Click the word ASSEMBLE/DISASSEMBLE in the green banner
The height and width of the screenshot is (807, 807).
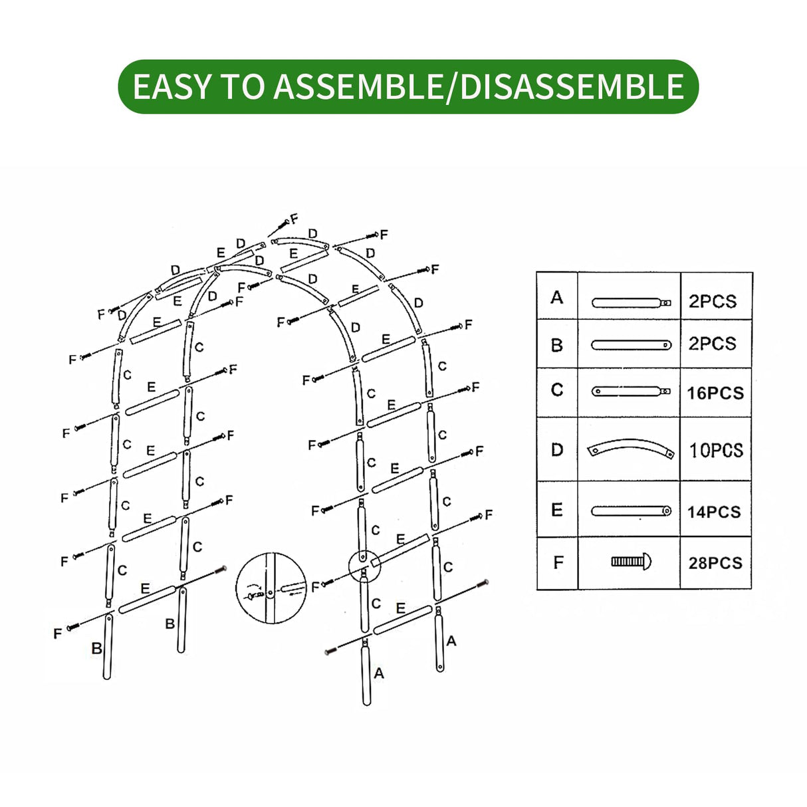point(479,87)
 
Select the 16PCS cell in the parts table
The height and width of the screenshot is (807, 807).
point(715,393)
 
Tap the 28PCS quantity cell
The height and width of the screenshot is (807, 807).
point(715,563)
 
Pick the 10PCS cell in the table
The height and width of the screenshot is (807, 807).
point(716,450)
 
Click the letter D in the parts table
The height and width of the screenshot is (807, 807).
point(557,450)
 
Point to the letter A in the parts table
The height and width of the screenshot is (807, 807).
point(557,297)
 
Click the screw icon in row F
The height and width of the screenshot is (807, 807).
point(631,562)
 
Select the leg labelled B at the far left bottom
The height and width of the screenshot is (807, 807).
point(107,646)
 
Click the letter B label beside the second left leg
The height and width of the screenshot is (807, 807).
point(170,624)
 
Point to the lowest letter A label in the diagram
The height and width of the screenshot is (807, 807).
point(379,673)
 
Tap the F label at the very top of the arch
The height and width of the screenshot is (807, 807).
point(294,219)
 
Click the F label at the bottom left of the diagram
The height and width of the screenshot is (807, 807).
point(57,634)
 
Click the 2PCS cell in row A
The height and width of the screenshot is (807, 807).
point(713,301)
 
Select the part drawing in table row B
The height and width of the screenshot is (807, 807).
point(631,345)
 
